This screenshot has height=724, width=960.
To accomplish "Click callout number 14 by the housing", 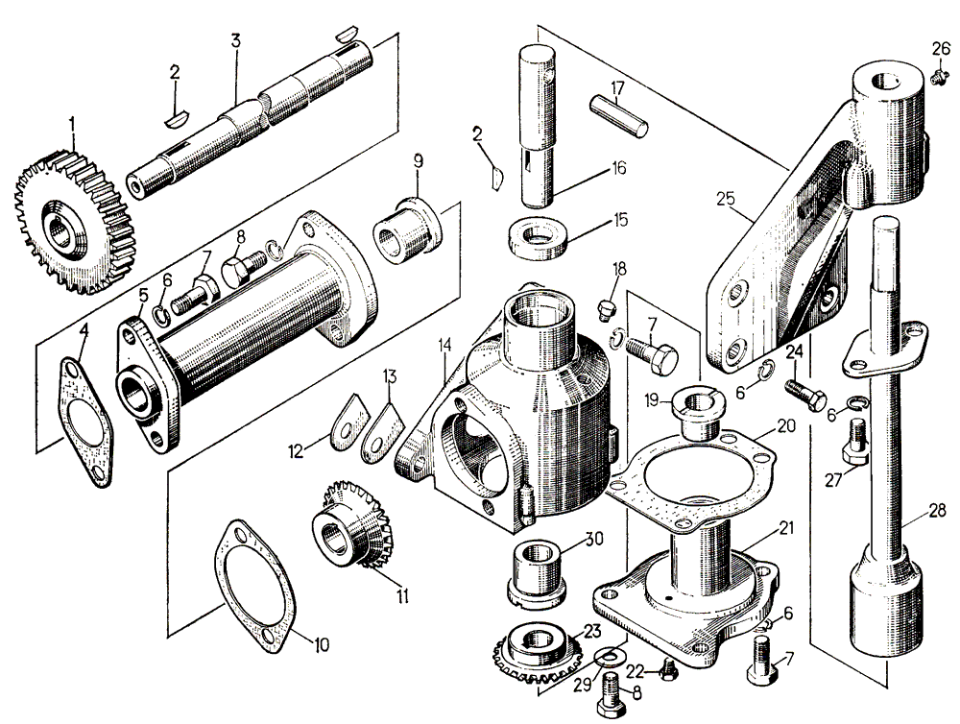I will pyautogui.click(x=444, y=344).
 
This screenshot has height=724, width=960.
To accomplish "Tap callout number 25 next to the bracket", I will pyautogui.click(x=725, y=200).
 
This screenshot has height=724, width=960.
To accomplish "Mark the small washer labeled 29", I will pyautogui.click(x=606, y=657).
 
